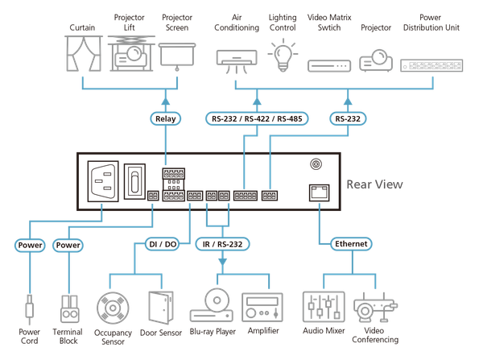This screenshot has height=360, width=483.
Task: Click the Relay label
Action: click(164, 119)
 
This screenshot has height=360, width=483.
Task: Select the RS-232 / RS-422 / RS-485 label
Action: click(256, 119)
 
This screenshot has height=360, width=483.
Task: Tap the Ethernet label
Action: click(351, 242)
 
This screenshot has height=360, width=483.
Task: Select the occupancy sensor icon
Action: click(112, 308)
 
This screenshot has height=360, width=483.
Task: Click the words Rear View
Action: click(375, 184)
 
